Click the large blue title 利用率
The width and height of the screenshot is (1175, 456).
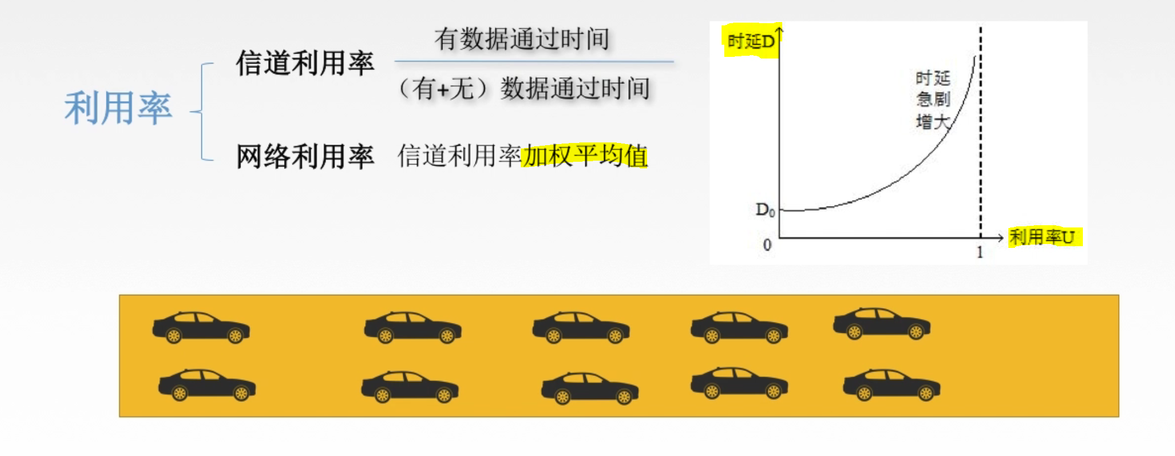coord(118,108)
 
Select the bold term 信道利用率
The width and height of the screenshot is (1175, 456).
coord(305,63)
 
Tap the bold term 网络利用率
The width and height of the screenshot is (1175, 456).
coord(305,156)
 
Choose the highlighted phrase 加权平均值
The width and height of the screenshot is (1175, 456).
coord(584,156)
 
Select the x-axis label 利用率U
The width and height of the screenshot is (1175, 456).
coord(1042,237)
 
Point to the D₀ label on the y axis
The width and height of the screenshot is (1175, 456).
coord(765,210)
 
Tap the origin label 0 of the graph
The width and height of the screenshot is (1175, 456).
coord(767,245)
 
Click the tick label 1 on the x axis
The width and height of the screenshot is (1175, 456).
coord(980,252)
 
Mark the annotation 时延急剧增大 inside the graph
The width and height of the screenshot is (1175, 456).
coord(933,100)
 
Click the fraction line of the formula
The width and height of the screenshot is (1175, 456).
coord(534,61)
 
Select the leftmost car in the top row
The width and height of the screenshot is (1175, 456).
coord(201,327)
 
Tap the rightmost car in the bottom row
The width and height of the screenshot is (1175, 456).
coord(891,384)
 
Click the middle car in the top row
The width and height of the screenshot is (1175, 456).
coord(581,327)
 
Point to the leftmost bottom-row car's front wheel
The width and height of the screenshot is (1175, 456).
coord(241,393)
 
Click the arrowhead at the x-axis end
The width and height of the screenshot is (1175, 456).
coord(1000,238)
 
